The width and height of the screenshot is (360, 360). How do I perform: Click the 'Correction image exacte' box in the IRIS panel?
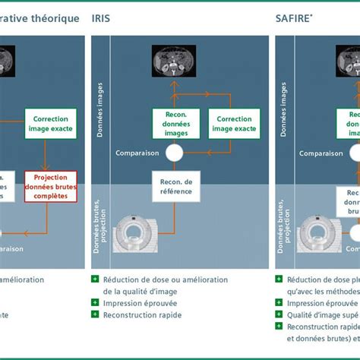pos(233,124)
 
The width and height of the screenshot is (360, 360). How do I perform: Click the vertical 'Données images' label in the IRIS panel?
pos(100,113)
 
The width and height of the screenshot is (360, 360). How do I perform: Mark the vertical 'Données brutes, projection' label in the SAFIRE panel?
pos(284,215)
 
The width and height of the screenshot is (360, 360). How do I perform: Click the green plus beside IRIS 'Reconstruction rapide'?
pos(95,314)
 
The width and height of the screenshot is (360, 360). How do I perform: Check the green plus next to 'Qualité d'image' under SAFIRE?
pos(279,314)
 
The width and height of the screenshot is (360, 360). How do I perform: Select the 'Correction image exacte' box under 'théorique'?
pos(51,124)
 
